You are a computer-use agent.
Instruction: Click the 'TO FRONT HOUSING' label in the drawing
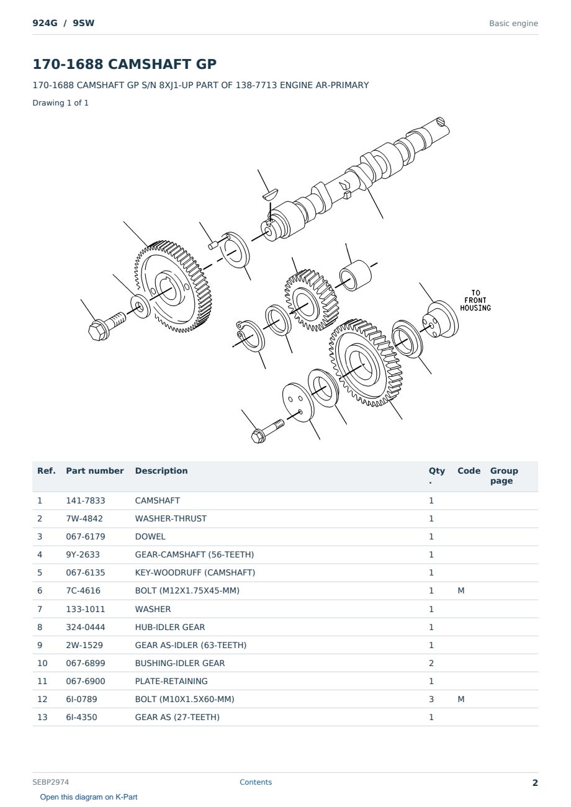click(475, 300)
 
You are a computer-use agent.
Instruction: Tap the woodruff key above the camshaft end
click(270, 194)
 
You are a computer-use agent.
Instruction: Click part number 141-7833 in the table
click(86, 500)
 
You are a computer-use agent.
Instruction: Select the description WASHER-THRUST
click(171, 518)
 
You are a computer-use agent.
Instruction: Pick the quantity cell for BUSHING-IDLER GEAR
click(431, 663)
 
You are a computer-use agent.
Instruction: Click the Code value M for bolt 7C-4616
click(461, 590)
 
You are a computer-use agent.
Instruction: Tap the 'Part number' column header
click(95, 471)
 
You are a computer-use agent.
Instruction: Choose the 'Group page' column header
click(504, 476)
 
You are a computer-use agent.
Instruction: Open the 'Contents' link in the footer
click(256, 782)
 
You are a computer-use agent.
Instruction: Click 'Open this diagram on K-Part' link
click(89, 797)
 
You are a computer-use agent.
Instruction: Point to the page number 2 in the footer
click(535, 783)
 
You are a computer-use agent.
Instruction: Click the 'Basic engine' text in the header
click(513, 24)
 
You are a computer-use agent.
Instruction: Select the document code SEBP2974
click(51, 782)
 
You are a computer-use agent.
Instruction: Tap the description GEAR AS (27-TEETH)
click(178, 717)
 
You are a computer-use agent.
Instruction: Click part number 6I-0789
click(81, 699)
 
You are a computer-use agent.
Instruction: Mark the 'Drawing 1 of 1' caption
click(61, 102)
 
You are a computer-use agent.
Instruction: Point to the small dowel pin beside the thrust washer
click(213, 245)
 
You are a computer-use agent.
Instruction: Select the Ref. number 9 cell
click(40, 645)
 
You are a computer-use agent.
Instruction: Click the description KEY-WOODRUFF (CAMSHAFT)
click(195, 572)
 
